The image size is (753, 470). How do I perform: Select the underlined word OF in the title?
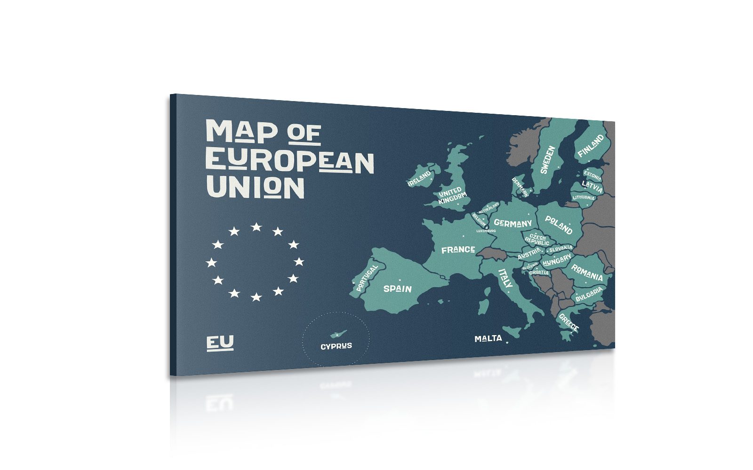(304, 134)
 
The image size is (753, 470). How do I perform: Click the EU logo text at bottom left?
(220, 343)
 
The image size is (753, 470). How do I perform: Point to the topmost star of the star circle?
(256, 227)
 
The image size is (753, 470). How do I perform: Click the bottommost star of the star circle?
(256, 297)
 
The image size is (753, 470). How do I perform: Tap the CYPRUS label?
(336, 346)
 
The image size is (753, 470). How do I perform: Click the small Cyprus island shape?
(336, 334)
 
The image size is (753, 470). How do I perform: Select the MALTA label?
(488, 338)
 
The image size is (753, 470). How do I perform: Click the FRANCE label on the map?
(458, 250)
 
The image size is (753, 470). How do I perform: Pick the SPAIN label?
(398, 289)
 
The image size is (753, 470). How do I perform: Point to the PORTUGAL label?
(367, 277)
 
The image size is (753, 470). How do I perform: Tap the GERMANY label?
(513, 223)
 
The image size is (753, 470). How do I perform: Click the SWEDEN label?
(548, 160)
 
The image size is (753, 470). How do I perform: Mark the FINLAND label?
(591, 146)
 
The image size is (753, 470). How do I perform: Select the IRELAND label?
(419, 179)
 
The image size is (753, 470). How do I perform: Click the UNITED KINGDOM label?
(452, 196)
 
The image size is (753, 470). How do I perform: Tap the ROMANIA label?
(587, 272)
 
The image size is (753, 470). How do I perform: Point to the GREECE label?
(569, 322)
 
